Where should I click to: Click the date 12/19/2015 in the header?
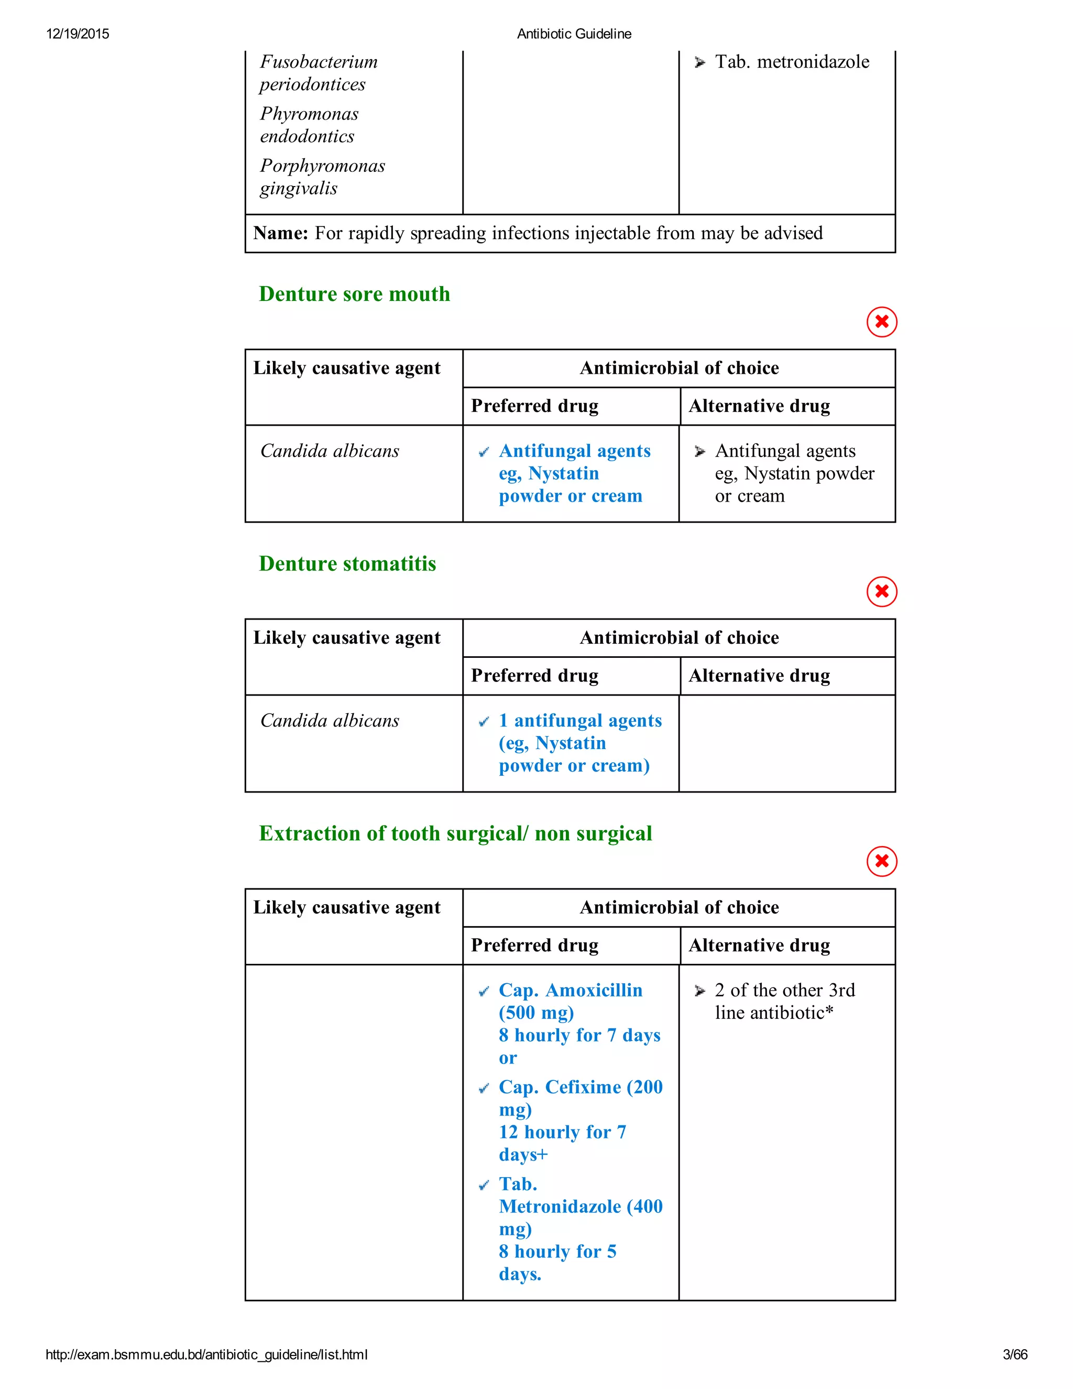pos(78,34)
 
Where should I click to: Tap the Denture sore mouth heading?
pos(354,294)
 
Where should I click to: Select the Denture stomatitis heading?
pos(347,563)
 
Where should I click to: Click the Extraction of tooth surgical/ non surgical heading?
pos(455,833)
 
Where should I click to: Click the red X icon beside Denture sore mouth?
pos(881,322)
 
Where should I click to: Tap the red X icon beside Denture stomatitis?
pos(881,591)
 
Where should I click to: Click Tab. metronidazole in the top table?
pos(792,62)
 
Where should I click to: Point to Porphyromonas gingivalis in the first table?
pos(322,177)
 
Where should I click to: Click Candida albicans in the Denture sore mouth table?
pos(329,451)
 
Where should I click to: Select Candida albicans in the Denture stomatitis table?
pos(329,721)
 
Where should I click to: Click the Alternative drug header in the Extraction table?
pos(759,945)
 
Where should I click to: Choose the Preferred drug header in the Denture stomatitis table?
pos(534,676)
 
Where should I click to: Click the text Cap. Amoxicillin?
pos(570,990)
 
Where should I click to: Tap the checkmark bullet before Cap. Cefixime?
pos(484,1088)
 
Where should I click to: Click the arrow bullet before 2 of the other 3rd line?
pos(700,991)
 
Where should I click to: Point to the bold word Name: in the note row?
pos(280,233)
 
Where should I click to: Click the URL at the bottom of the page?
pos(206,1354)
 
